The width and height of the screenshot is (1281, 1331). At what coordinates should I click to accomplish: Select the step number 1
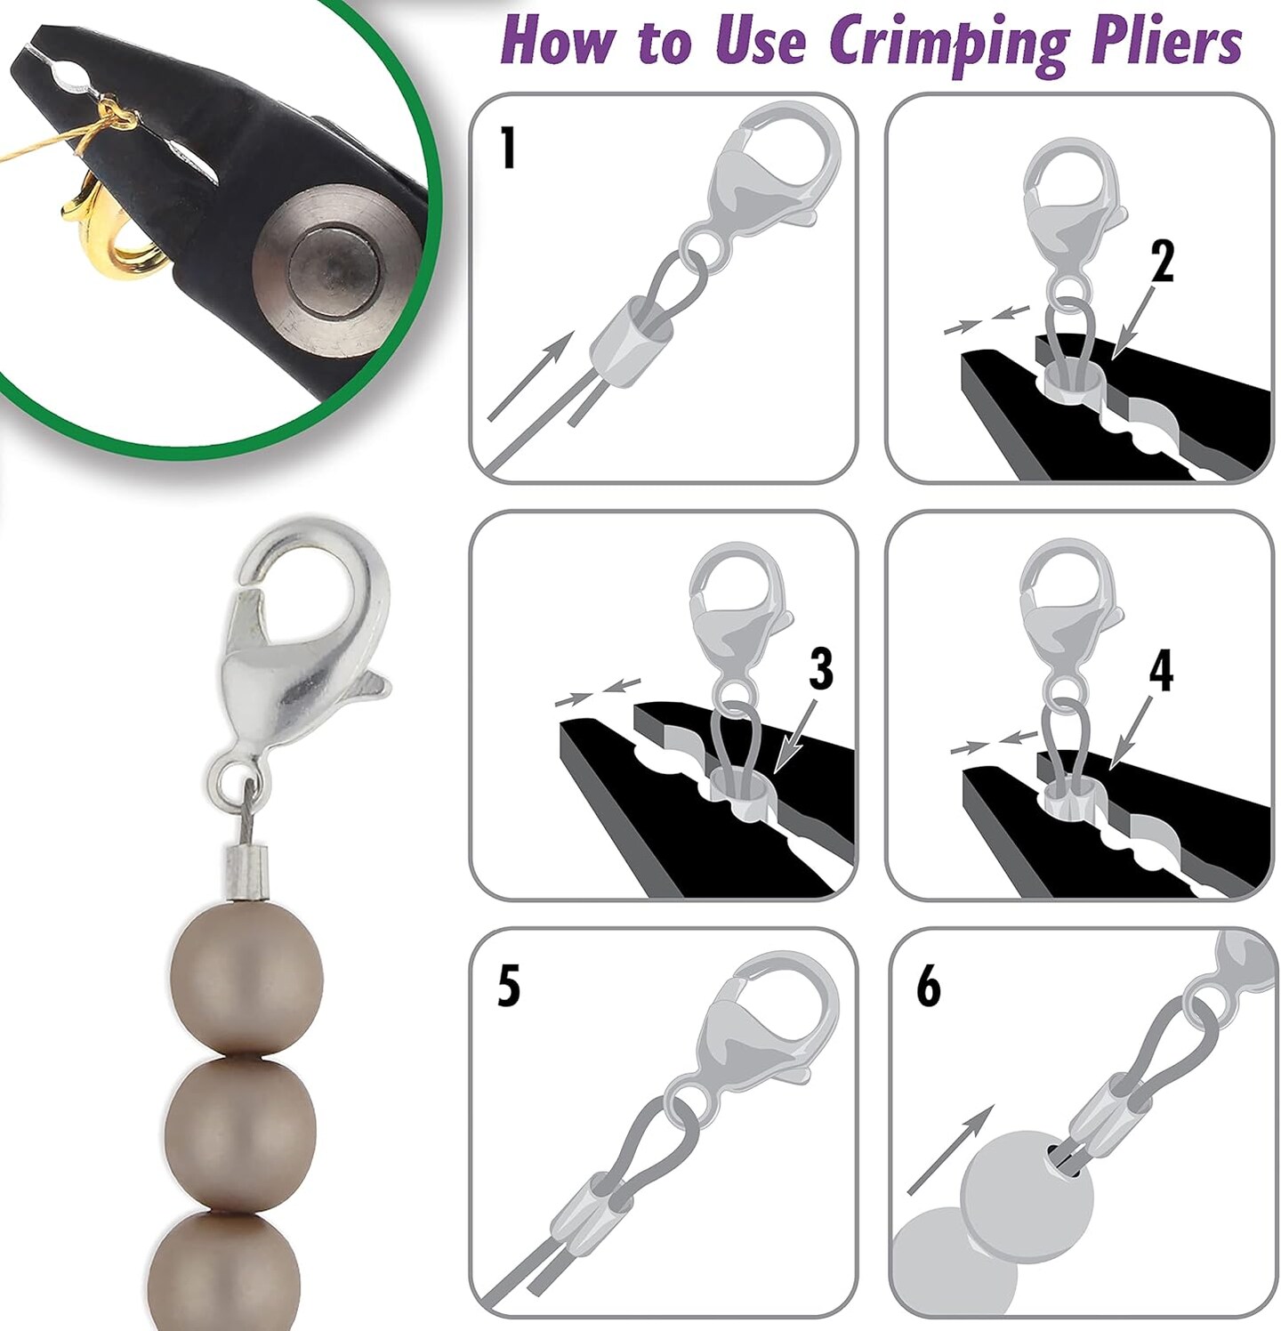[508, 148]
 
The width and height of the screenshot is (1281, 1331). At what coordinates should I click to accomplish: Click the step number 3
[821, 669]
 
